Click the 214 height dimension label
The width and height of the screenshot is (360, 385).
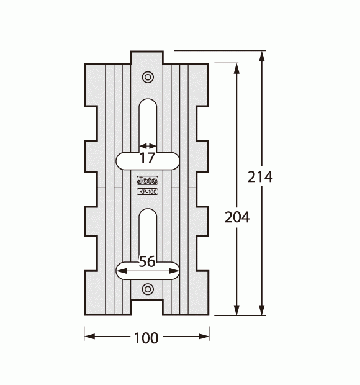(x=260, y=176)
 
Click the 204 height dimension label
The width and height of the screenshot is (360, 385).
(x=237, y=217)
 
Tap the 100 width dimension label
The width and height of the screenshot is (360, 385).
(x=146, y=338)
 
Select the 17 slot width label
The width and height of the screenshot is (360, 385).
(x=147, y=158)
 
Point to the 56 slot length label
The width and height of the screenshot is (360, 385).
(x=147, y=261)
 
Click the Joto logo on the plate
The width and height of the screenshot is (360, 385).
(x=147, y=181)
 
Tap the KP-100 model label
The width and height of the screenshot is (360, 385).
(x=147, y=191)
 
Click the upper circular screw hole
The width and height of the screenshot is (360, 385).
(x=148, y=77)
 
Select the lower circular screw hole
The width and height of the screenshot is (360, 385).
(x=148, y=289)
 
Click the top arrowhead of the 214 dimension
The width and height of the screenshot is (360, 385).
(x=262, y=56)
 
